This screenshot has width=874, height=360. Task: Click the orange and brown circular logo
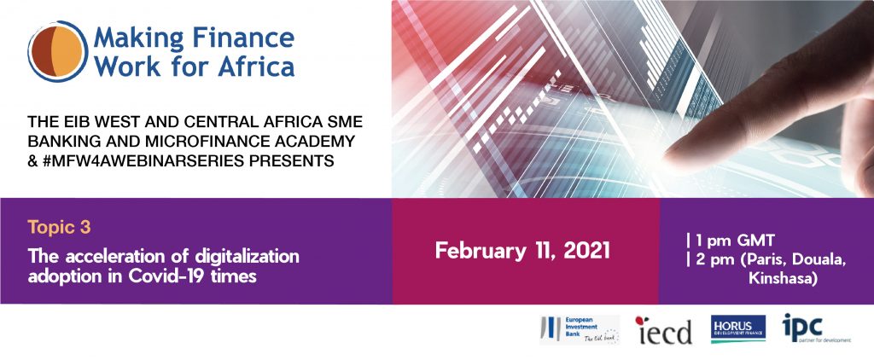point(58,51)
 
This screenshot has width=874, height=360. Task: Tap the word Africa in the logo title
point(256,66)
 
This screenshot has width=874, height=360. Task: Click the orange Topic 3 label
point(59,228)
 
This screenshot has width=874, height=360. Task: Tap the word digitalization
point(247,257)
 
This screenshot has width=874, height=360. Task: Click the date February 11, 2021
point(522,251)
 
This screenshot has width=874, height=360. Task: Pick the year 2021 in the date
point(587,251)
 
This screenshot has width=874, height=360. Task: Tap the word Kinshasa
point(784,279)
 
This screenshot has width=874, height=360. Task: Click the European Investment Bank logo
point(580,330)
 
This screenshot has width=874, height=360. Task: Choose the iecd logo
point(664,330)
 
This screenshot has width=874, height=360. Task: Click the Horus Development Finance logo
point(737,328)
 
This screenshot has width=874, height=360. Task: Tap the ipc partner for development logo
point(815,328)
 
